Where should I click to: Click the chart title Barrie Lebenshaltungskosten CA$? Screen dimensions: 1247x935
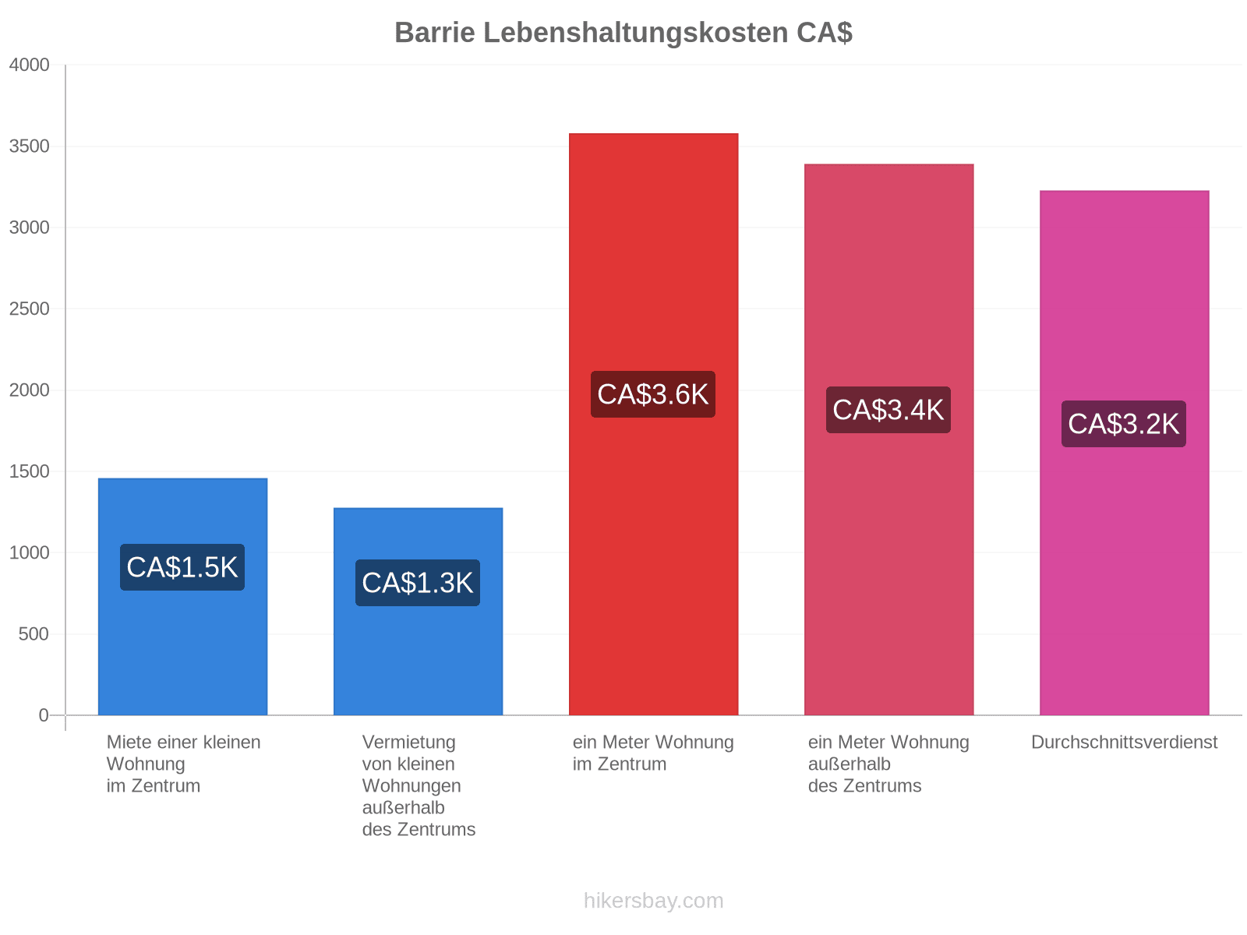click(x=623, y=33)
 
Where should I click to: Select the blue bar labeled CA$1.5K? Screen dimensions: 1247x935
click(x=182, y=596)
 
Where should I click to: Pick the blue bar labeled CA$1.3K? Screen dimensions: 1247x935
click(x=418, y=611)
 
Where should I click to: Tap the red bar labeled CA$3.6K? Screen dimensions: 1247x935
click(x=653, y=424)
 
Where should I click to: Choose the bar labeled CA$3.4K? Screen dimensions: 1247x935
click(x=888, y=439)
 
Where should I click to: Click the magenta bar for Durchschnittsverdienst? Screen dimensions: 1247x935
click(x=1124, y=453)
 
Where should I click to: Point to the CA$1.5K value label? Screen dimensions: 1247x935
click(x=182, y=567)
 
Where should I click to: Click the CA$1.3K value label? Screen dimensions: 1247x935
click(x=418, y=583)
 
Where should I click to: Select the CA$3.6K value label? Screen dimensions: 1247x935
click(x=653, y=394)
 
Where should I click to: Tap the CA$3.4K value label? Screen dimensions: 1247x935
click(x=888, y=409)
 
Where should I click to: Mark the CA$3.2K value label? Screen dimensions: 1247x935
click(x=1123, y=424)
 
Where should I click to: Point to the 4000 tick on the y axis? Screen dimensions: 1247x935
click(x=29, y=65)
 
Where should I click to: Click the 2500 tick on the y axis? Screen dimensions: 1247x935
click(x=29, y=309)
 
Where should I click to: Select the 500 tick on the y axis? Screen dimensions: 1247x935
click(x=34, y=633)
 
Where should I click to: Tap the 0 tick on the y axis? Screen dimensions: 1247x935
click(x=44, y=714)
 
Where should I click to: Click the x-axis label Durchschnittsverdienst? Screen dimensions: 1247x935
click(x=1124, y=742)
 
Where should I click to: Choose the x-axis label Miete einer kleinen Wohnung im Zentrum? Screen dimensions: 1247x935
click(x=183, y=764)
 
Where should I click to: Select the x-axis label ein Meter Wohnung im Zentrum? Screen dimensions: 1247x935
click(x=653, y=753)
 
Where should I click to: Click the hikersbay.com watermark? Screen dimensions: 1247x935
click(x=653, y=901)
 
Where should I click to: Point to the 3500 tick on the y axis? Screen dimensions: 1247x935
click(x=29, y=146)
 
